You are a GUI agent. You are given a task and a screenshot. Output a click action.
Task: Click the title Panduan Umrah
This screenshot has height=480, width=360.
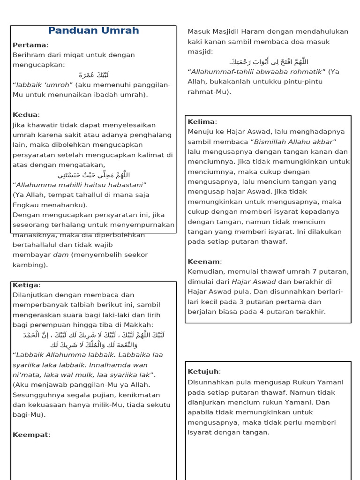93,31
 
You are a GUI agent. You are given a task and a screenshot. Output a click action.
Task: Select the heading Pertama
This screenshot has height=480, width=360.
30,45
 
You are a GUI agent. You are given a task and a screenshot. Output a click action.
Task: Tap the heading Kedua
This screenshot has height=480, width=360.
25,115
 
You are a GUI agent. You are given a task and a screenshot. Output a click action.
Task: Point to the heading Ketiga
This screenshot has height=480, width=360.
26,285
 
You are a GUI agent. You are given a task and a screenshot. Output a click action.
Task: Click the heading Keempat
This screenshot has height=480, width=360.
30,435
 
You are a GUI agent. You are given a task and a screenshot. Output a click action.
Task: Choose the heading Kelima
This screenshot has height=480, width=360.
202,122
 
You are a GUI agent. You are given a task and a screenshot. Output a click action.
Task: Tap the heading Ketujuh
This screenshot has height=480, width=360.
203,372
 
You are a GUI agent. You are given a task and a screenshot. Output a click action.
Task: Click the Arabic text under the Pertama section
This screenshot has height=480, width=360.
94,75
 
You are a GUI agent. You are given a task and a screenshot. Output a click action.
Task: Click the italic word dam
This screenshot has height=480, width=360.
60,255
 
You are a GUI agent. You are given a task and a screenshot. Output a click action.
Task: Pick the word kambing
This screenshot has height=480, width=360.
29,265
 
